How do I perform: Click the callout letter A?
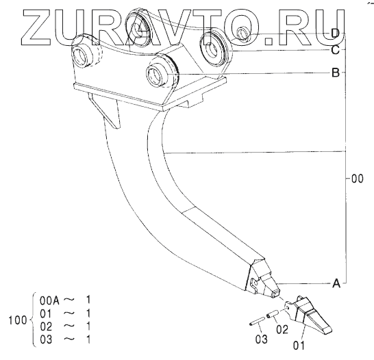point(336,283)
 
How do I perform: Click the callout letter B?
point(336,73)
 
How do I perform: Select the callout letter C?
point(336,50)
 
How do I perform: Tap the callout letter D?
point(336,34)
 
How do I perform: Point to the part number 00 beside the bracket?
point(358,179)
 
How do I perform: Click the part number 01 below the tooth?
point(299,346)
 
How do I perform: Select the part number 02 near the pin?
point(282,329)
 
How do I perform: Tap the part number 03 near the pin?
point(262,339)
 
